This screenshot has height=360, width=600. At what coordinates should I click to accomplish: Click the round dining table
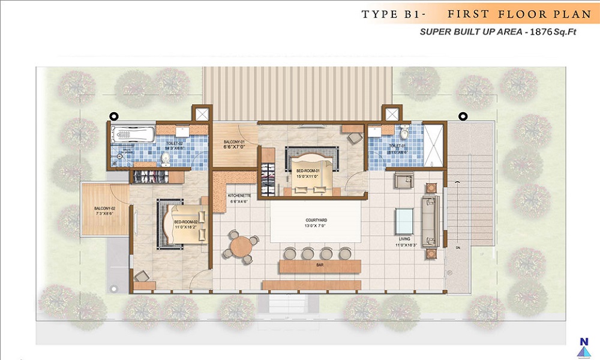point(241,245)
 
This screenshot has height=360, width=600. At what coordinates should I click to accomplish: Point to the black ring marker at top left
point(113,117)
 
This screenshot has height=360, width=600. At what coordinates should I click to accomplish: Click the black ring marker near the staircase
point(462,116)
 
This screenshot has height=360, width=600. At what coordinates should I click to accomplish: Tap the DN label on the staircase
point(458,247)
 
